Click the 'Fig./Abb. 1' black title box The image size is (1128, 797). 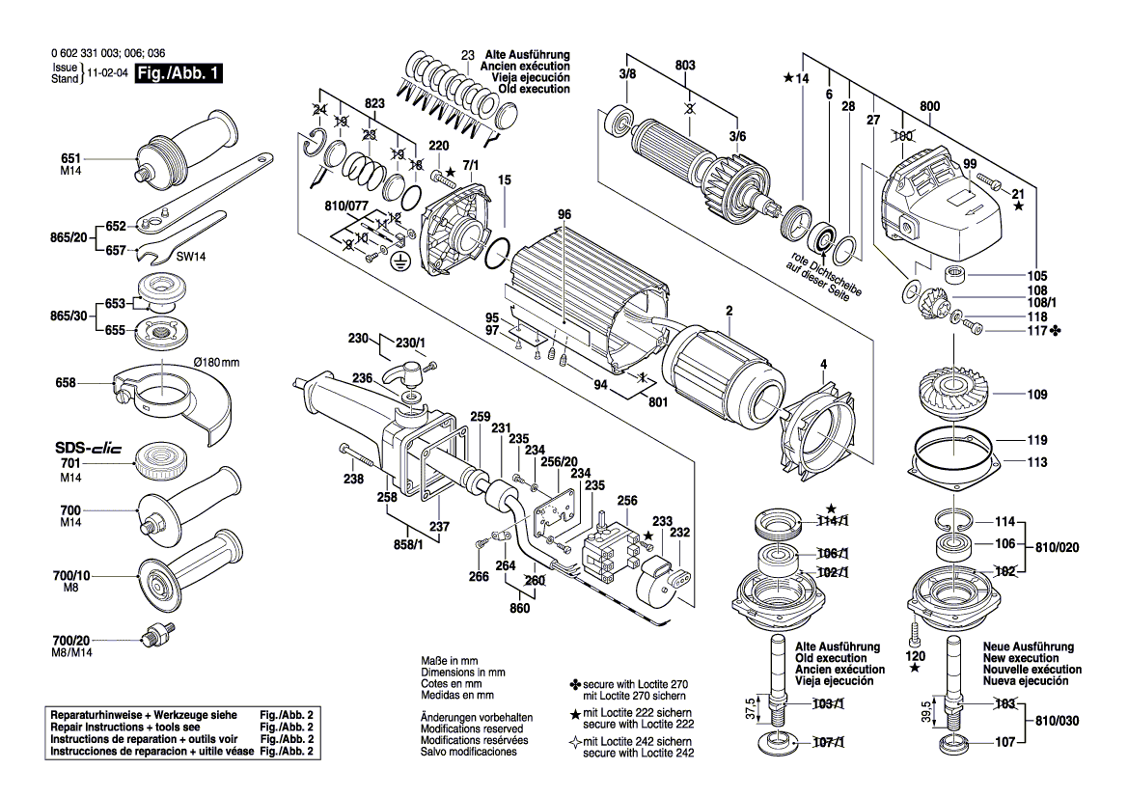179,73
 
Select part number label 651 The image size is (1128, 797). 71,158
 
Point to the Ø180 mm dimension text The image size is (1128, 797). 216,362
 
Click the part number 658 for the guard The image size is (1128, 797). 66,383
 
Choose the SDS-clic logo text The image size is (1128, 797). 89,448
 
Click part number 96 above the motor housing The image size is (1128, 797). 564,214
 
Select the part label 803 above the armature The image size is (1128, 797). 685,66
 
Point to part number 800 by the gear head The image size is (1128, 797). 929,106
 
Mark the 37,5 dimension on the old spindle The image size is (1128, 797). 751,708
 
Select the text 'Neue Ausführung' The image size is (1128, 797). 1028,646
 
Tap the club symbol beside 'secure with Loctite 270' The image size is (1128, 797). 575,684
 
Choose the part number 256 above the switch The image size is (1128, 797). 626,501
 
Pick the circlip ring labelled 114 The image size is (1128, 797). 954,520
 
